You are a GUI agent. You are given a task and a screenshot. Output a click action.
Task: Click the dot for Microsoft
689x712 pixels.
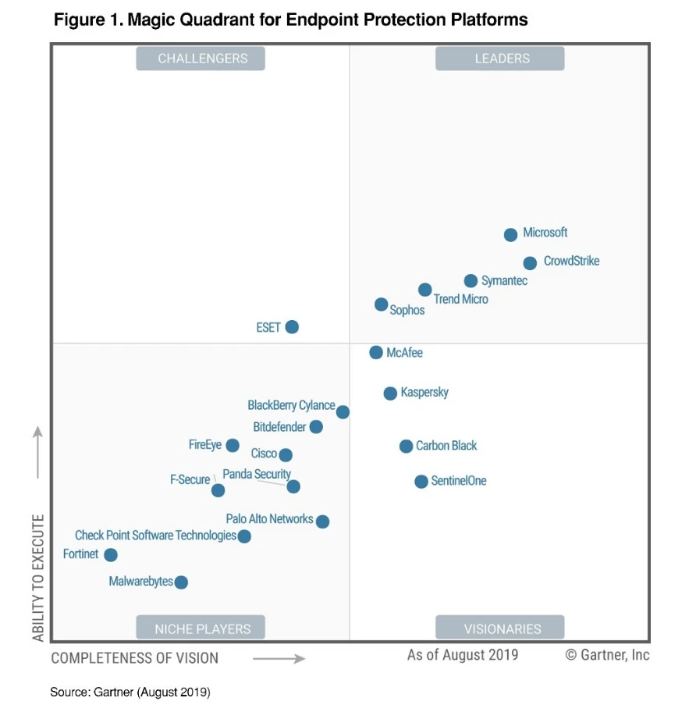point(510,234)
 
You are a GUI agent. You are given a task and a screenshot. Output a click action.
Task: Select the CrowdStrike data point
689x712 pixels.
point(530,263)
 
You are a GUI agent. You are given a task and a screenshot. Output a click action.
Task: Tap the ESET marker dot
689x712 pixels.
point(292,327)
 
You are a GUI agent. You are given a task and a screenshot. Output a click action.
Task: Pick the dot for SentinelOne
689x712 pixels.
point(421,482)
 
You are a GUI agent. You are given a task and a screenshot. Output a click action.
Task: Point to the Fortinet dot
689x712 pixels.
point(111,555)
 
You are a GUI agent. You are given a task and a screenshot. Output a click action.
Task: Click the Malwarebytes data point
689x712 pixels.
point(181,582)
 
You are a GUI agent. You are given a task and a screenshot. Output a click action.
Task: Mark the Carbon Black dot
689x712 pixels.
point(406,447)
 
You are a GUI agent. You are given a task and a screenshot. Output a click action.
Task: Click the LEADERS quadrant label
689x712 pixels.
point(499,59)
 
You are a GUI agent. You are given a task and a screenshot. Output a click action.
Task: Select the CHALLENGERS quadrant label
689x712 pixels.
point(201,59)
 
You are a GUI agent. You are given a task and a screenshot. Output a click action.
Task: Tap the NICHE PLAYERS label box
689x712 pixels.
point(201,628)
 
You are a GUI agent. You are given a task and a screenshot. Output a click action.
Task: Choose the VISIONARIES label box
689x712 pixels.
point(499,628)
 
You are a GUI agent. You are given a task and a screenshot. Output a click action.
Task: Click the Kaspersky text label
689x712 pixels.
point(424,392)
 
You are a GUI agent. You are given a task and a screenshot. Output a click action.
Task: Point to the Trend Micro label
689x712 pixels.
point(461,299)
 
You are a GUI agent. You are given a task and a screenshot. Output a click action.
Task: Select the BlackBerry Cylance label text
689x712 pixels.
point(291,406)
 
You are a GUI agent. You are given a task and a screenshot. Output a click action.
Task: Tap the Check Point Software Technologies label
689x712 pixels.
point(155,536)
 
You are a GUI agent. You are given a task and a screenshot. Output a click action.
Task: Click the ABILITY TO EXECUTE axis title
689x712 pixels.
point(38,578)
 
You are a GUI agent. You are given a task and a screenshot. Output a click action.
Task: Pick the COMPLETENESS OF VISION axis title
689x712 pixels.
point(135,657)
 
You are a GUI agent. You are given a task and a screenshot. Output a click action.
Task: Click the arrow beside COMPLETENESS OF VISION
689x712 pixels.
point(279,658)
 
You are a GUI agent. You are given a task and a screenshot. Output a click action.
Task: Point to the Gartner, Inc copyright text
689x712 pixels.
point(607,654)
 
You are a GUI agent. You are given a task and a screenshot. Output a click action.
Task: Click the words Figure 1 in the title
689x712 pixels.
point(87,20)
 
